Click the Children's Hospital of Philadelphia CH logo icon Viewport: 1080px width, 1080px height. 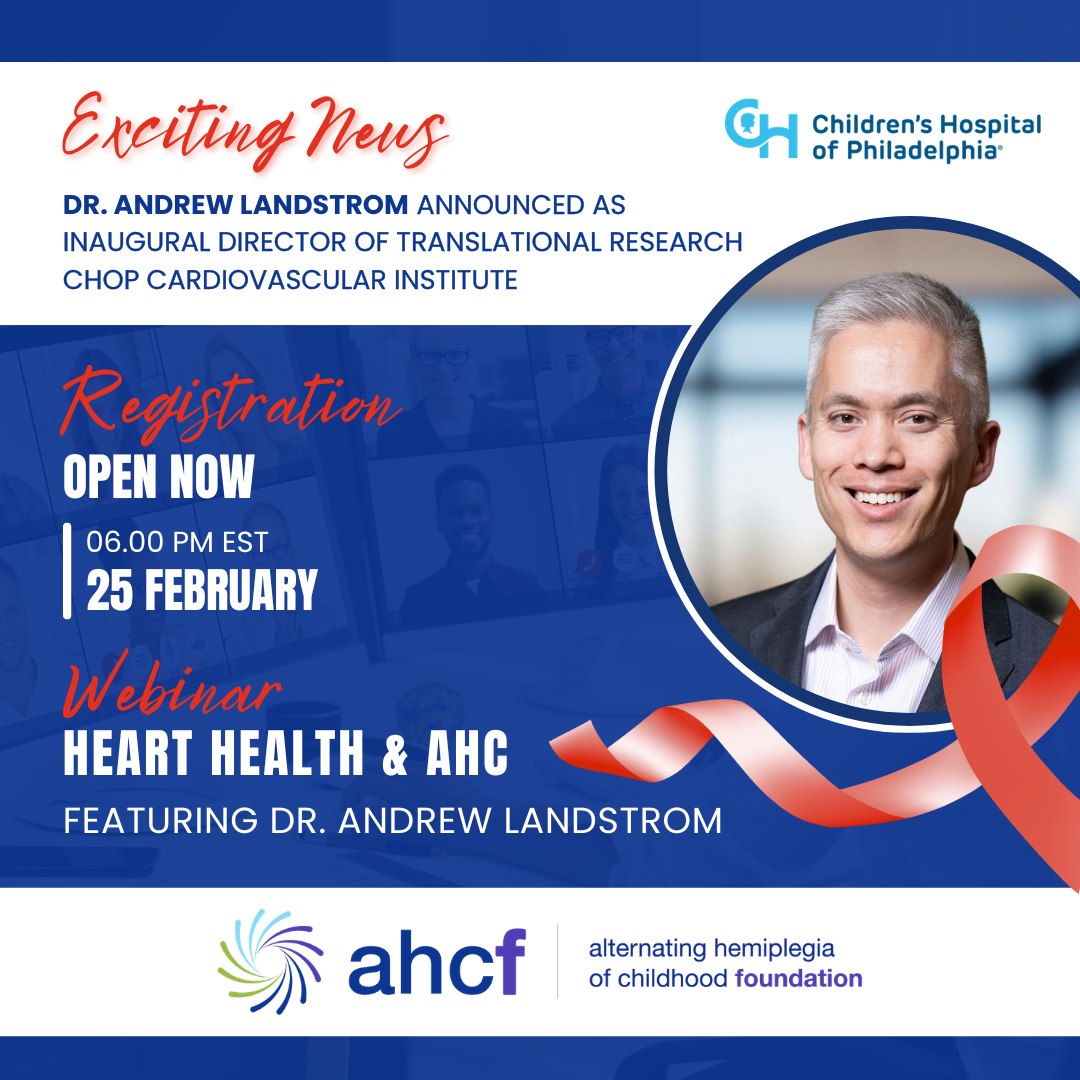(760, 128)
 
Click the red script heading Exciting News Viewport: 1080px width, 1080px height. (255, 130)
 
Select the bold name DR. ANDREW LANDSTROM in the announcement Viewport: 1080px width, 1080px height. (236, 205)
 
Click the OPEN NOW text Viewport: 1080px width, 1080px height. (159, 477)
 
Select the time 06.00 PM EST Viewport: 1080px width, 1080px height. (177, 542)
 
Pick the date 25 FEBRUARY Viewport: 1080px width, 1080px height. (202, 590)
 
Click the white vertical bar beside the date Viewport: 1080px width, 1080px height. (67, 571)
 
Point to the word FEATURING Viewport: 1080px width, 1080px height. (161, 820)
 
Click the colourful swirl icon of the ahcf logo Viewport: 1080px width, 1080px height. (270, 962)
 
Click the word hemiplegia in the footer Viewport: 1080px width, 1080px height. (773, 950)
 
